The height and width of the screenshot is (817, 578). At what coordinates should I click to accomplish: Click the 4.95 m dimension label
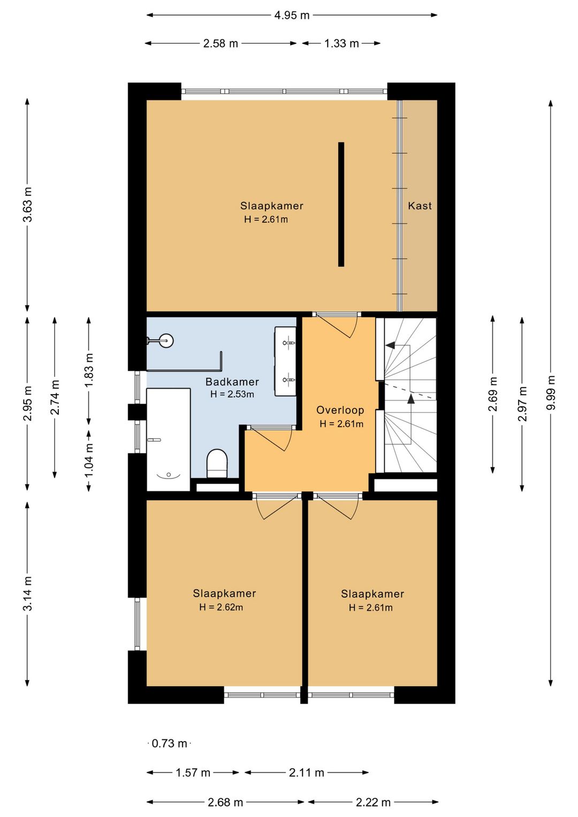pyautogui.click(x=292, y=16)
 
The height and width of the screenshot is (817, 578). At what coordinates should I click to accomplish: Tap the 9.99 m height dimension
pyautogui.click(x=551, y=392)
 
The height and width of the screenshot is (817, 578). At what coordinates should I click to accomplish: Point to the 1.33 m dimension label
pyautogui.click(x=341, y=43)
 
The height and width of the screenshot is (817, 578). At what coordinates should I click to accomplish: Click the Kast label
pyautogui.click(x=420, y=206)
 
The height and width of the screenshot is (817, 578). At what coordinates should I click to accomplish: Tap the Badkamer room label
pyautogui.click(x=232, y=382)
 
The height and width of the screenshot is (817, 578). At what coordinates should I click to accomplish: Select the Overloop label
pyautogui.click(x=340, y=410)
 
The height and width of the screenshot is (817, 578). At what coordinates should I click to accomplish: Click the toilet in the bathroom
pyautogui.click(x=217, y=463)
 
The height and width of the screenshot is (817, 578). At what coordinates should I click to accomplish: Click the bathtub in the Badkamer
pyautogui.click(x=169, y=440)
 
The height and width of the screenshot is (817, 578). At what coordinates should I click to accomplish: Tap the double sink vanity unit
pyautogui.click(x=286, y=361)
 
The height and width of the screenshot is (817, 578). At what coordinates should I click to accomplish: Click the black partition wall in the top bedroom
pyautogui.click(x=341, y=205)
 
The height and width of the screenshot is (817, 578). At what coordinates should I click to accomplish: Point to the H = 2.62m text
pyautogui.click(x=221, y=607)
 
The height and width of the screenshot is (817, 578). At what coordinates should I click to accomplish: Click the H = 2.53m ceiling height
pyautogui.click(x=232, y=394)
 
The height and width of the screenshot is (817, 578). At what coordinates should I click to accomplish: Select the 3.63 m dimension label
pyautogui.click(x=28, y=205)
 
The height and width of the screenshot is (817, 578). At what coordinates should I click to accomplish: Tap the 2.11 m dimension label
pyautogui.click(x=306, y=773)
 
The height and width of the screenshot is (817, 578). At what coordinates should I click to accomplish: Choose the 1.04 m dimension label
pyautogui.click(x=89, y=460)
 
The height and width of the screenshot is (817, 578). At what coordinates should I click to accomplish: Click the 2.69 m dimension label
pyautogui.click(x=493, y=394)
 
